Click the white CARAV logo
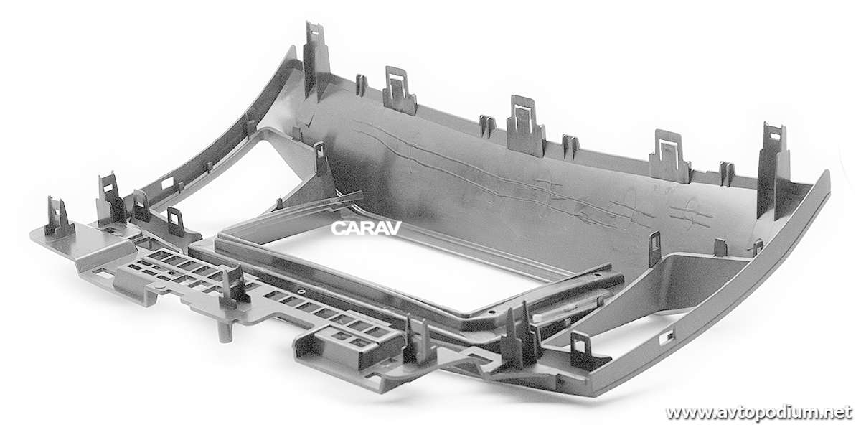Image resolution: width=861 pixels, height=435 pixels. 366,228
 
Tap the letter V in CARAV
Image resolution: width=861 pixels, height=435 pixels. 393,228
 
